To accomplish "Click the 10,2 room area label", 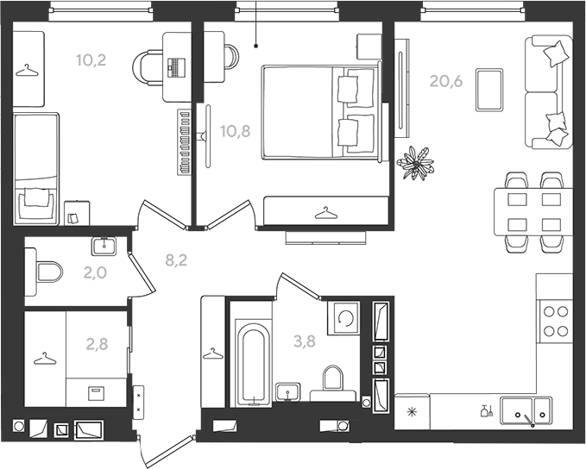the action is [x=91, y=59].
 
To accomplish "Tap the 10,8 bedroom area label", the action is [x=236, y=131].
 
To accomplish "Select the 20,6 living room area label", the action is [x=446, y=81].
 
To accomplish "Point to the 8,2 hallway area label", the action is [x=176, y=260].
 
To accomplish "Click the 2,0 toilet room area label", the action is [x=95, y=273].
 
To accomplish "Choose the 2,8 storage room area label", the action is [x=98, y=344].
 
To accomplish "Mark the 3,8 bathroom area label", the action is [x=305, y=341].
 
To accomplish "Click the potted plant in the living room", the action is [x=416, y=163].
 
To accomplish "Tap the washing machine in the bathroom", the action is [x=343, y=318].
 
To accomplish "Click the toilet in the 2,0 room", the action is [x=49, y=272].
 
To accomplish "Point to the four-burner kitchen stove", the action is [x=555, y=321].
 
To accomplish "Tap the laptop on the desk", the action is [x=176, y=67].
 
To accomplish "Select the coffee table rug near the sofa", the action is [x=489, y=90].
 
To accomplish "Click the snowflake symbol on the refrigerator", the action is [x=412, y=412].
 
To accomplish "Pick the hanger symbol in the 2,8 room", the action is [x=45, y=359].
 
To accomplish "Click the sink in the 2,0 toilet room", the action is [x=104, y=246].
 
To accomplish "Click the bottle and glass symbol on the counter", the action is [x=487, y=411].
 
